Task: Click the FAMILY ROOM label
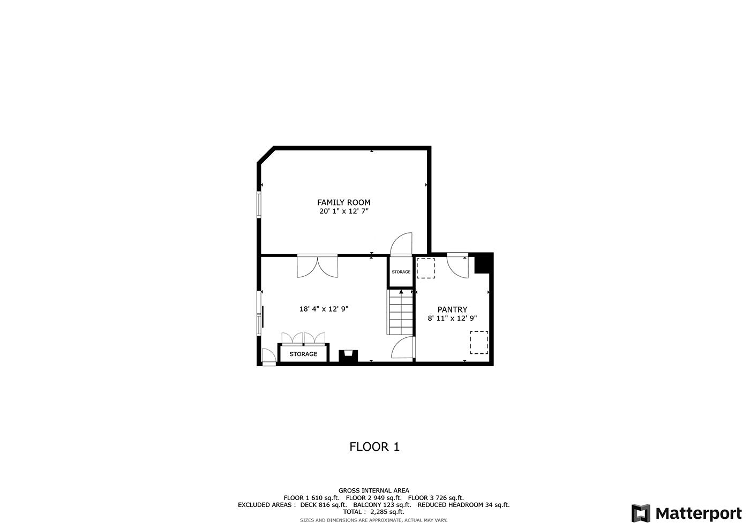pyautogui.click(x=343, y=202)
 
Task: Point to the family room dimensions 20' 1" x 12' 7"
pyautogui.click(x=343, y=211)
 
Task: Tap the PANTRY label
pyautogui.click(x=452, y=309)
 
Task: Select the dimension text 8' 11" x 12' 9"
pyautogui.click(x=452, y=318)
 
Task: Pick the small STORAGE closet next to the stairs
pyautogui.click(x=401, y=272)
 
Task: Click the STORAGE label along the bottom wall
pyautogui.click(x=303, y=354)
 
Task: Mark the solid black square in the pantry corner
pyautogui.click(x=483, y=263)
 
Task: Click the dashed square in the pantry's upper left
pyautogui.click(x=426, y=268)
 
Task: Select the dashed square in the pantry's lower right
pyautogui.click(x=479, y=343)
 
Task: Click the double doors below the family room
pyautogui.click(x=318, y=266)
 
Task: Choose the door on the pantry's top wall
pyautogui.click(x=458, y=265)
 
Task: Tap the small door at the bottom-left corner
pyautogui.click(x=268, y=357)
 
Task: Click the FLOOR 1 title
pyautogui.click(x=374, y=446)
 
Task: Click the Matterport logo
pyautogui.click(x=686, y=513)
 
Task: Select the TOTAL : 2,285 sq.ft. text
pyautogui.click(x=373, y=512)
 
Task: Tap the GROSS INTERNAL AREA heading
pyautogui.click(x=373, y=490)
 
